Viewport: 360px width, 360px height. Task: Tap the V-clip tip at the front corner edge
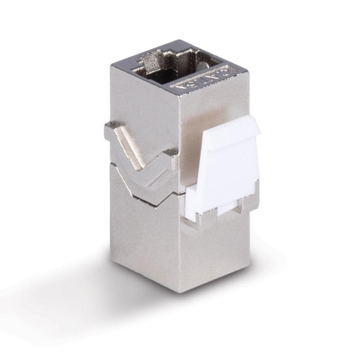click(173, 155)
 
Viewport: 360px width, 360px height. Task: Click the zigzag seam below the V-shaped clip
click(144, 196)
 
